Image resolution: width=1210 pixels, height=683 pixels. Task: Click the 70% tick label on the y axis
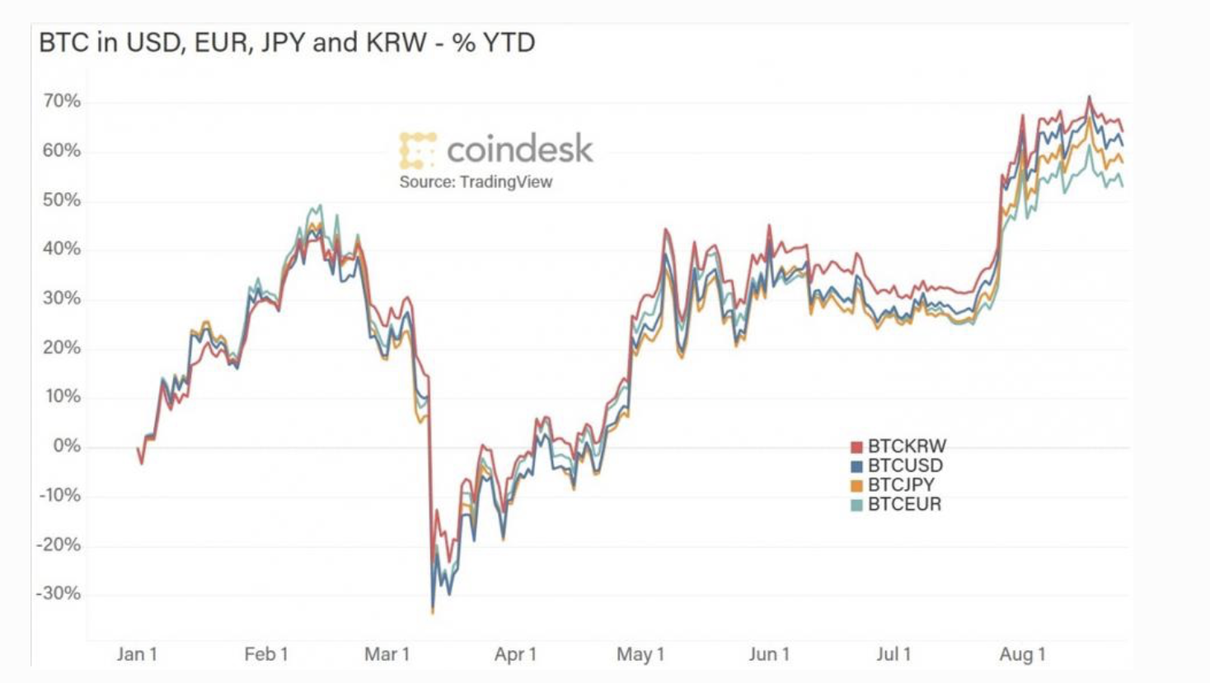[x=62, y=101]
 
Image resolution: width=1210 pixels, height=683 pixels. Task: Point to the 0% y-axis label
[x=67, y=446]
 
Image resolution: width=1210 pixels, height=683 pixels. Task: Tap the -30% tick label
[x=59, y=594]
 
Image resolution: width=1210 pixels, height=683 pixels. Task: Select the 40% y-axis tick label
[x=62, y=249]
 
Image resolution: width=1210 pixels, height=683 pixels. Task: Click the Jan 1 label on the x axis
[x=137, y=654]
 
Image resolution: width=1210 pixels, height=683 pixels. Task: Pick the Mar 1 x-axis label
[x=387, y=654]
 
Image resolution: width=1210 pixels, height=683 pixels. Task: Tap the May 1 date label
[x=640, y=654]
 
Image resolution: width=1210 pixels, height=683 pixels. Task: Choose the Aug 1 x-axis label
[x=1022, y=654]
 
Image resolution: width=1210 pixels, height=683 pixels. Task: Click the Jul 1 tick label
[x=893, y=654]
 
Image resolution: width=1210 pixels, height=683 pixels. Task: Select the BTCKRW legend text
[x=907, y=446]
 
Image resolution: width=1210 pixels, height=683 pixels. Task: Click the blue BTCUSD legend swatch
[x=857, y=467]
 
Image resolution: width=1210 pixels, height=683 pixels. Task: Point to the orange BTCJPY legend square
[x=857, y=486]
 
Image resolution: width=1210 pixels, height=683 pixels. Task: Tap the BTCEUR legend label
[x=904, y=505]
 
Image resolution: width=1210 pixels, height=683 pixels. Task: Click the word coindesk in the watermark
[x=519, y=149]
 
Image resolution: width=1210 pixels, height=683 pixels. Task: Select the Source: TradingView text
[x=476, y=182]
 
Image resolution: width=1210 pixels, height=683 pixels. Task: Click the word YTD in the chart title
[x=509, y=42]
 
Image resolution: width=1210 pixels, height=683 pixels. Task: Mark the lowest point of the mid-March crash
[x=433, y=612]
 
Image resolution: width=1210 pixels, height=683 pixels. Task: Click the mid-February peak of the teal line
[x=320, y=205]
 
